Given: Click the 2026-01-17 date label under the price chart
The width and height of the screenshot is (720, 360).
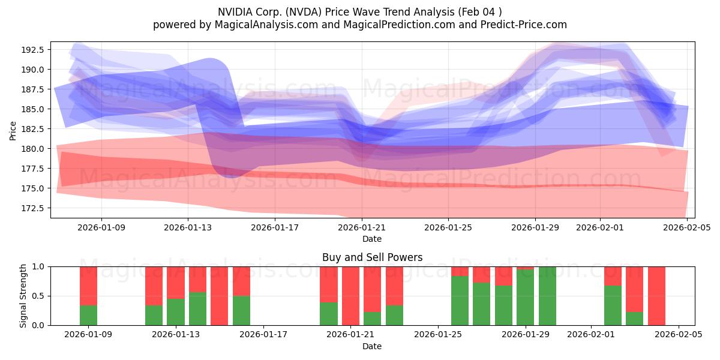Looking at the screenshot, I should click(x=274, y=228).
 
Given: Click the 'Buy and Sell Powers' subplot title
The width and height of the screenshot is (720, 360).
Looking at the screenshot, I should click(x=372, y=257).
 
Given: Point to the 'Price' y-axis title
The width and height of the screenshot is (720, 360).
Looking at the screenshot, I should click(x=13, y=130).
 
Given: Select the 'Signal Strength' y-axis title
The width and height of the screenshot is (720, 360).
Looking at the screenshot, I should click(x=23, y=296).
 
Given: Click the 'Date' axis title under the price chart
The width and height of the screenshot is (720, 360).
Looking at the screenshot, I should click(x=372, y=239).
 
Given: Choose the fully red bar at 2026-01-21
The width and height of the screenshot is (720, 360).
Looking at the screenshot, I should click(x=350, y=296).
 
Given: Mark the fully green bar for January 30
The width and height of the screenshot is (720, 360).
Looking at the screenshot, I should click(x=547, y=296).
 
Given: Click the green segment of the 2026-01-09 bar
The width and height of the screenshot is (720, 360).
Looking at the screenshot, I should click(x=88, y=315).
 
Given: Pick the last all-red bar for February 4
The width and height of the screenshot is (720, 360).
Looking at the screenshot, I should click(x=656, y=296).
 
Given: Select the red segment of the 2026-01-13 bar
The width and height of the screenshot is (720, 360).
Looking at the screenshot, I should click(x=176, y=282).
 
